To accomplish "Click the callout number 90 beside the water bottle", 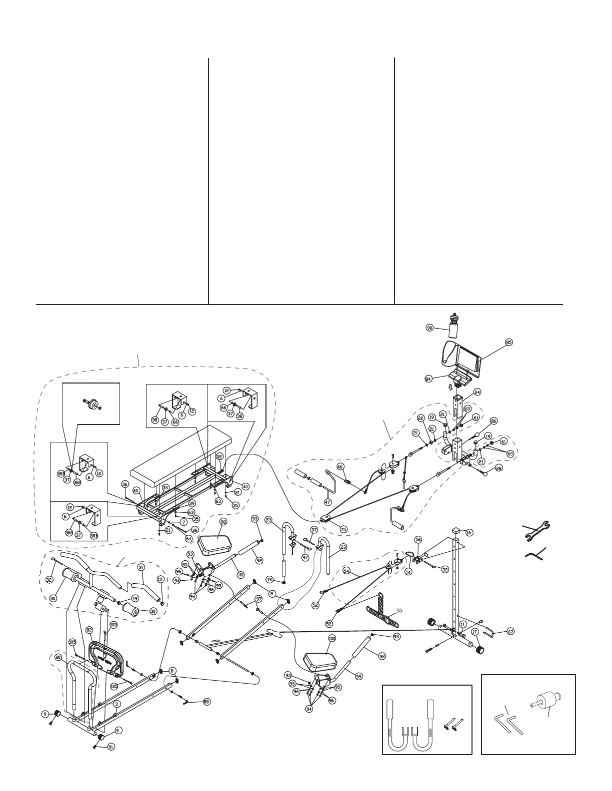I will (429, 328).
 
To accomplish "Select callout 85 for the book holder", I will (509, 343).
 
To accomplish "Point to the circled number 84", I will (428, 379).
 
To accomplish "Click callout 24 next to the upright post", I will (477, 392).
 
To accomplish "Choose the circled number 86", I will (494, 421).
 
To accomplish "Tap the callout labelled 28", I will (498, 468).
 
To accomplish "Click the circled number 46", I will (340, 467).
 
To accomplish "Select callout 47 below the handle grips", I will (328, 502).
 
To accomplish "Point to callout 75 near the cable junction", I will (343, 529).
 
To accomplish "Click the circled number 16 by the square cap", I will (469, 533).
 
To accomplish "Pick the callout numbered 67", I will (510, 631).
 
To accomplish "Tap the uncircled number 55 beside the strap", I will (399, 610).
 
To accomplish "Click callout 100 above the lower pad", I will (332, 639).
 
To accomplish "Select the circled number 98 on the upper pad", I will (223, 522).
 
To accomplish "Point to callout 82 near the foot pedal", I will (89, 630).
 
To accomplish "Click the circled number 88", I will (206, 702).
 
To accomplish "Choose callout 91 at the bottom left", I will (111, 748).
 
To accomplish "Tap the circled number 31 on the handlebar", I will (141, 567).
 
